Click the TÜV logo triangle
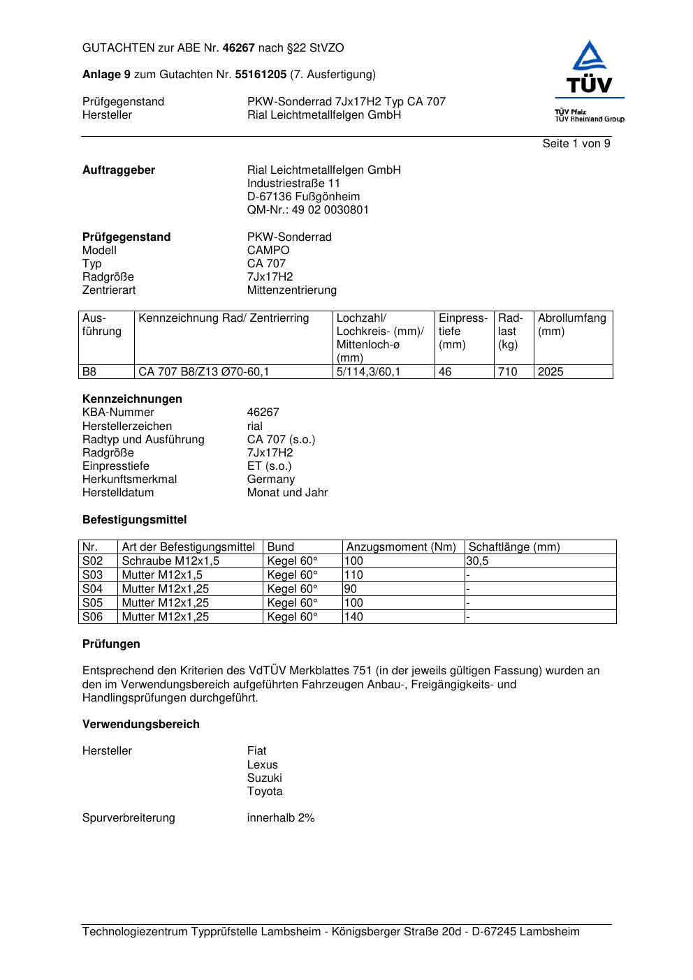point(590,57)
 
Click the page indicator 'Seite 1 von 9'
point(576,144)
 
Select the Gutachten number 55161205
point(261,75)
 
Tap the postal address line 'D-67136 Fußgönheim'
point(303,197)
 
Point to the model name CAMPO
point(268,251)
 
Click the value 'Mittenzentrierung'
point(291,290)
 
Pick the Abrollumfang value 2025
point(550,372)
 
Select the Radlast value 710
point(507,372)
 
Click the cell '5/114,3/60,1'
point(368,372)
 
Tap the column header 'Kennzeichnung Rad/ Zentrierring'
point(224,318)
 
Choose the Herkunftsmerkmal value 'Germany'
point(271,480)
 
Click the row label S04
point(92,589)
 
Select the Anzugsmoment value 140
point(354,617)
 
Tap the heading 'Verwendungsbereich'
point(141,725)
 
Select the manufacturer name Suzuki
point(264,778)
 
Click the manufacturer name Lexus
point(262,765)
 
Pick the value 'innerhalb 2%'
point(281,818)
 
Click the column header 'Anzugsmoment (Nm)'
point(401,547)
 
